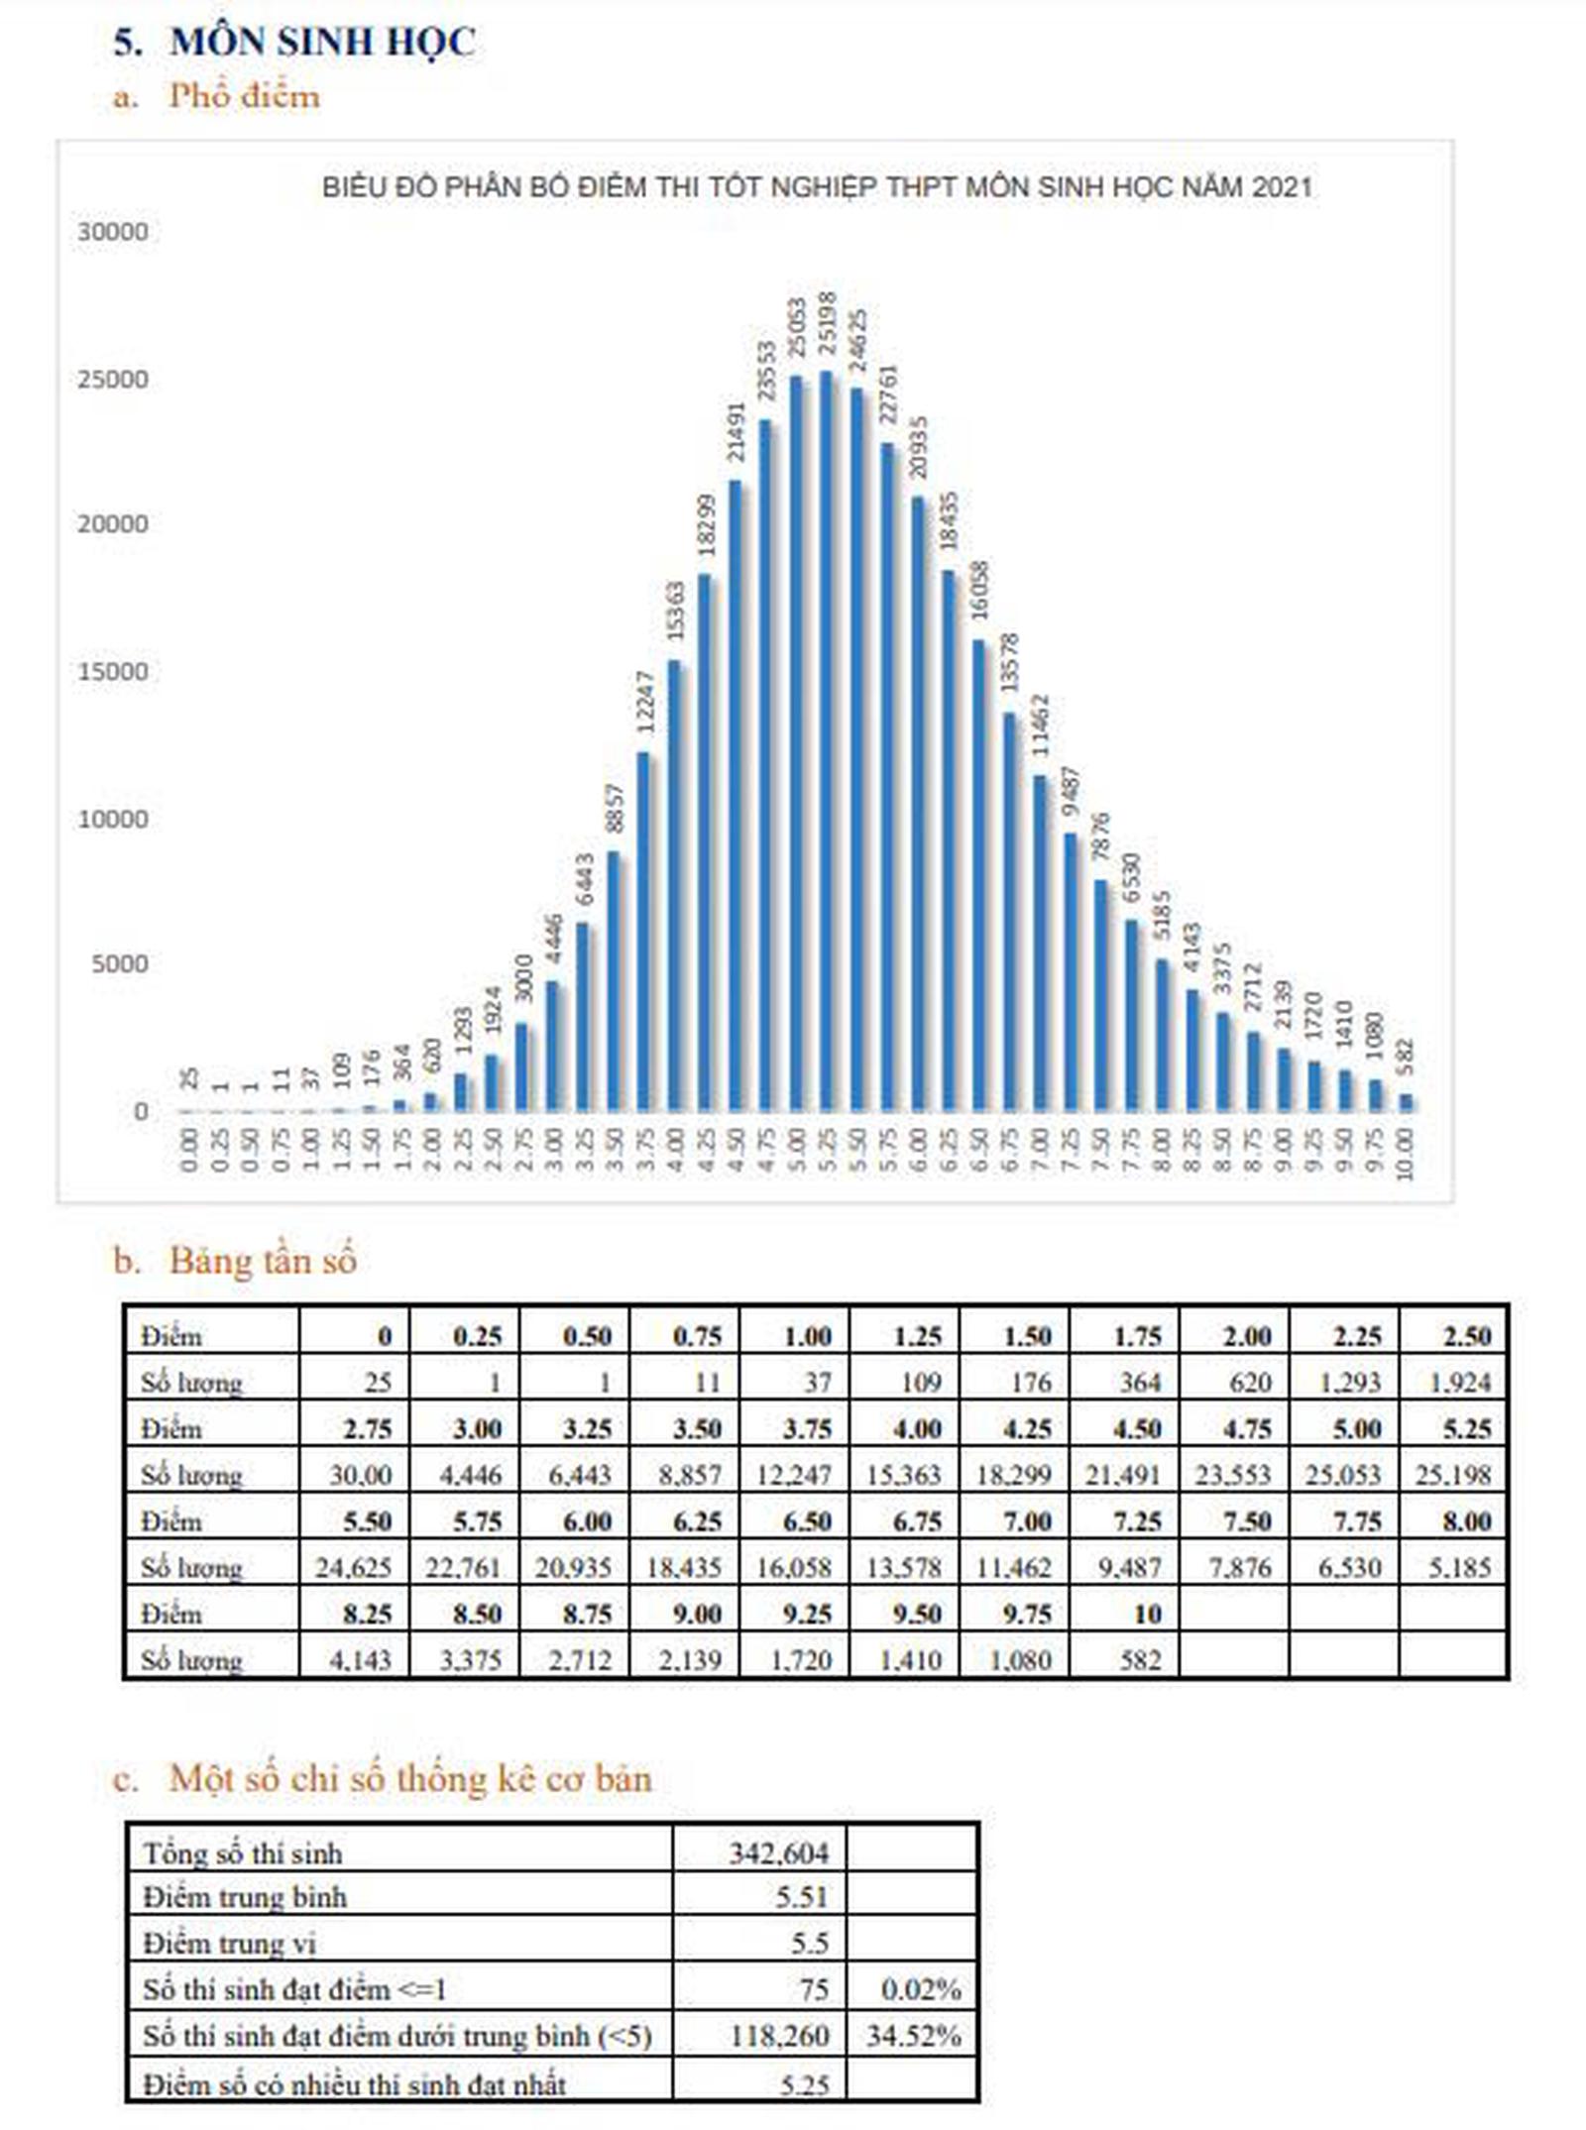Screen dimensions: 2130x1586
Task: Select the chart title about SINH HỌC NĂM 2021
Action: pyautogui.click(x=817, y=187)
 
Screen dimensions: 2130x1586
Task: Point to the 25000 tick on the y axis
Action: pyautogui.click(x=112, y=380)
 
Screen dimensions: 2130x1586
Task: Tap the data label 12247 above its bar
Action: pyautogui.click(x=645, y=703)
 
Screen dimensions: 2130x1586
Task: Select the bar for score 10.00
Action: pyautogui.click(x=1406, y=1102)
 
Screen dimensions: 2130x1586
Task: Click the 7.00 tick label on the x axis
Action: pyautogui.click(x=1040, y=1150)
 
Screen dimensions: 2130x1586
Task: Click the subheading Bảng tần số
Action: pyautogui.click(x=262, y=1262)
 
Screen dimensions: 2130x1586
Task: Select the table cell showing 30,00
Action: pyautogui.click(x=360, y=1476)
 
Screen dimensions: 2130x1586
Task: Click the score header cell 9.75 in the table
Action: pyautogui.click(x=1026, y=1615)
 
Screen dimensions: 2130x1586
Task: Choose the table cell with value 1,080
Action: pyautogui.click(x=1020, y=1660)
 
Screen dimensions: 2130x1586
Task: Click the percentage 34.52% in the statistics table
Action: pyautogui.click(x=913, y=2037)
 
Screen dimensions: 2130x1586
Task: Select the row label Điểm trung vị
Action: pyautogui.click(x=229, y=1944)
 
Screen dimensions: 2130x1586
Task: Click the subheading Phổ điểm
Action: pyautogui.click(x=244, y=96)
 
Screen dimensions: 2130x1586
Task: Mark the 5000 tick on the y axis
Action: pyautogui.click(x=119, y=964)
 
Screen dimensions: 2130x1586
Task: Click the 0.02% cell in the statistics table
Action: pyautogui.click(x=920, y=1989)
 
